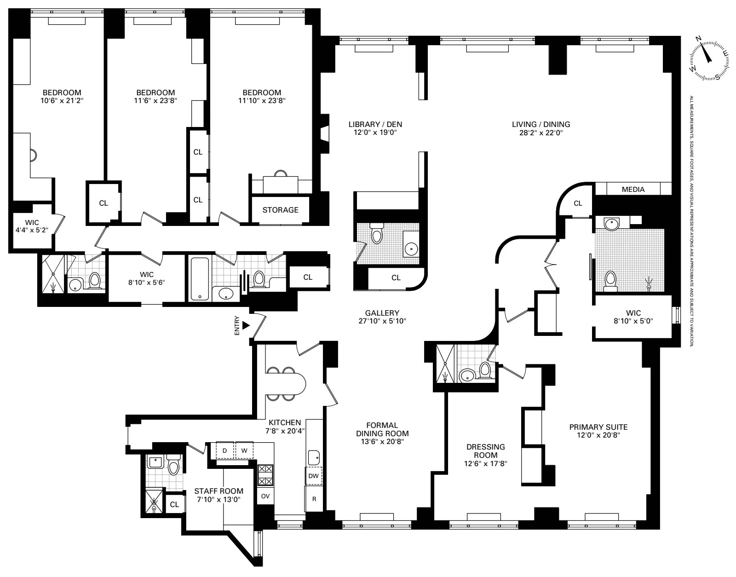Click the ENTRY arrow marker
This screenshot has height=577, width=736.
coord(246,325)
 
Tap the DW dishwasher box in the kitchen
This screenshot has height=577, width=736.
coord(313,476)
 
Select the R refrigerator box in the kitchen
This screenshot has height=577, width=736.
coord(314,499)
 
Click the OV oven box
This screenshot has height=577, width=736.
coord(265,496)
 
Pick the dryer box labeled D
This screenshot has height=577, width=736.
coord(224,450)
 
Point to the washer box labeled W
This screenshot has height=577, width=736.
coord(244,450)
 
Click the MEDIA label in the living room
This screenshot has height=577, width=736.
coord(633,189)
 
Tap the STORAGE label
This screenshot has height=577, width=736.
coord(280,210)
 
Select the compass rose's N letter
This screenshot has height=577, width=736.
coord(698,39)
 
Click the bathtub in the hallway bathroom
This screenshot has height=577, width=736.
coord(199,279)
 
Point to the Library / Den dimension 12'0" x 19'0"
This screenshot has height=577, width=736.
coord(375,133)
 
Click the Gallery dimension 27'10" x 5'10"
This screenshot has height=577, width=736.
coord(382,321)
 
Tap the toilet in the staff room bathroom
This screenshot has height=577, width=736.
coord(173,466)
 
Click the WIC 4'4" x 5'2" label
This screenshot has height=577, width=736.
coord(32,226)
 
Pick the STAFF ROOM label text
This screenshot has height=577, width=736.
coord(218,491)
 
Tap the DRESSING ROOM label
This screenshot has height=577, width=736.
coord(485,451)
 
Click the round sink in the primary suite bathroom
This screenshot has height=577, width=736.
coord(611,225)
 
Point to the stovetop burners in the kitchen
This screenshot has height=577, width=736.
coord(265,475)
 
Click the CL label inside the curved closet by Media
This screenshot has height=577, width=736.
coord(578,203)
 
